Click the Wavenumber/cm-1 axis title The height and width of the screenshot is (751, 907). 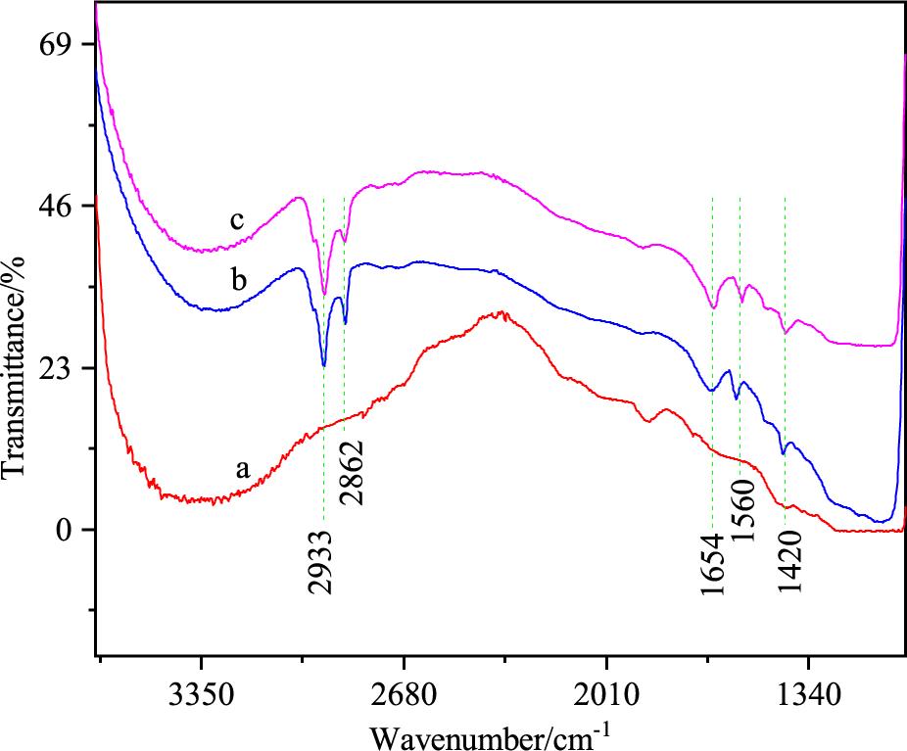click(x=489, y=734)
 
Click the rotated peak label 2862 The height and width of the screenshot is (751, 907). click(x=351, y=472)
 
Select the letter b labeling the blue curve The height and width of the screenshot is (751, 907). click(x=239, y=279)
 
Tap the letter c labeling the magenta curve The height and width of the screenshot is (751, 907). click(x=237, y=221)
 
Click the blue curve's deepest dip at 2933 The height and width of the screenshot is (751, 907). click(x=324, y=366)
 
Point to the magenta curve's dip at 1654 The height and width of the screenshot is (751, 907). click(x=714, y=308)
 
